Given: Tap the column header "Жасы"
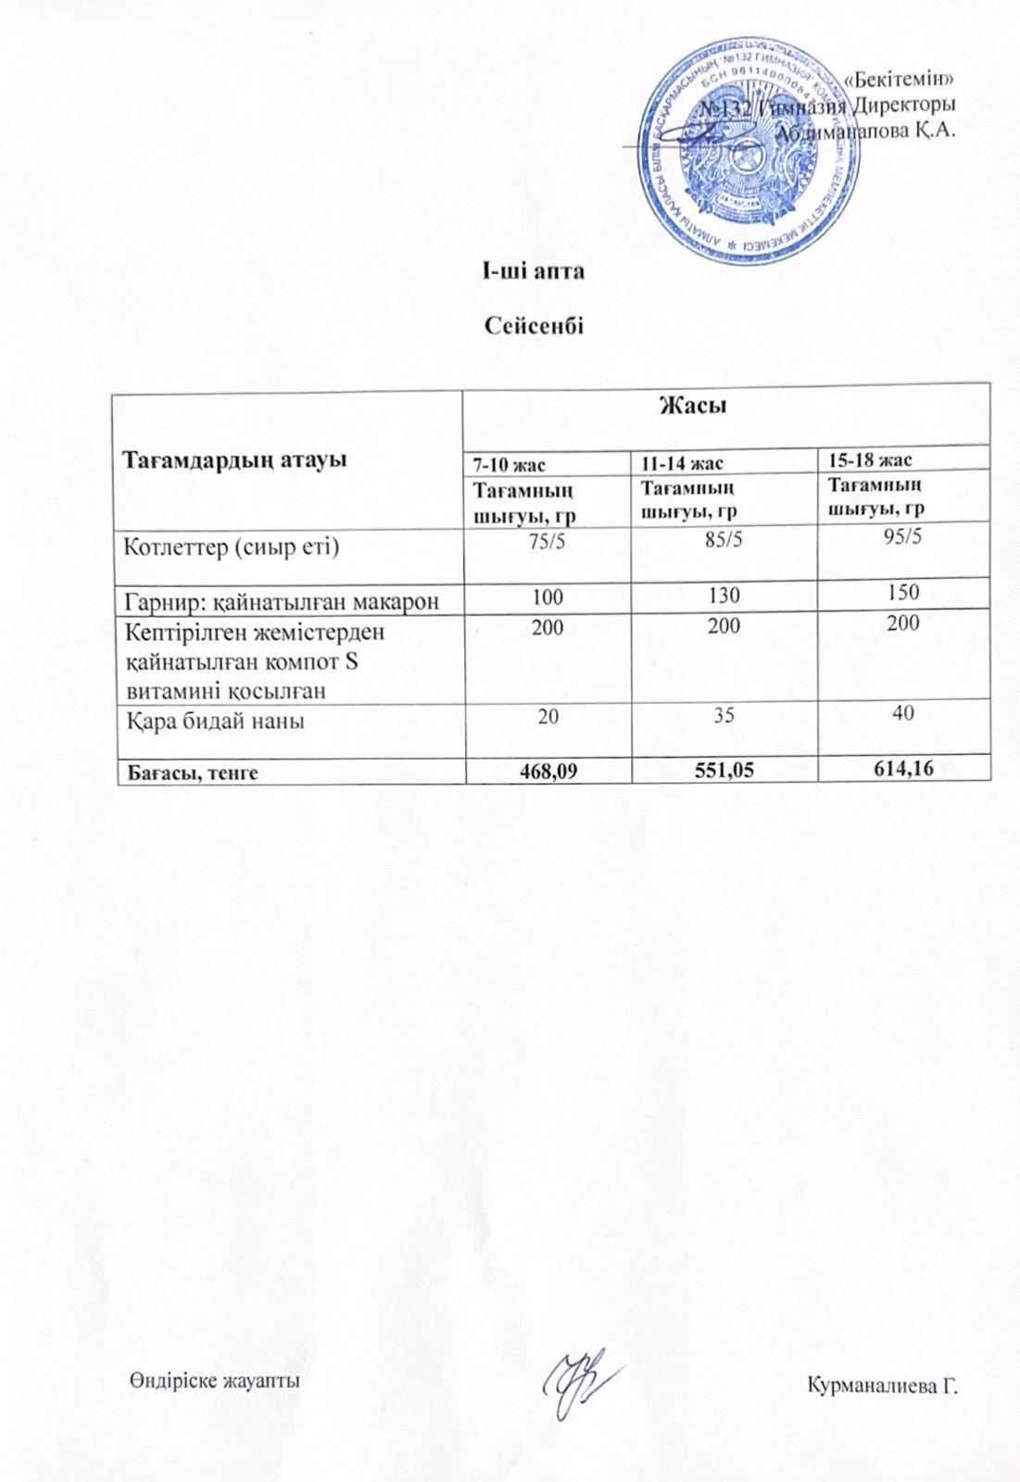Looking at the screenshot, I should tap(691, 405).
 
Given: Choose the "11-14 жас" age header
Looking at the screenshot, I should tap(683, 462).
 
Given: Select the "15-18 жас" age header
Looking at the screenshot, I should tap(870, 460).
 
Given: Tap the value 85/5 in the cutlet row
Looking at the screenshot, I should tap(724, 540).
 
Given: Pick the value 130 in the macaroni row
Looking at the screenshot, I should tap(724, 597).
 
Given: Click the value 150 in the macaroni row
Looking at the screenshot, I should tap(902, 593).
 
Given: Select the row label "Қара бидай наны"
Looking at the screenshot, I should tap(215, 720).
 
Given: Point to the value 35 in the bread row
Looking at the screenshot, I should tap(724, 715).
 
